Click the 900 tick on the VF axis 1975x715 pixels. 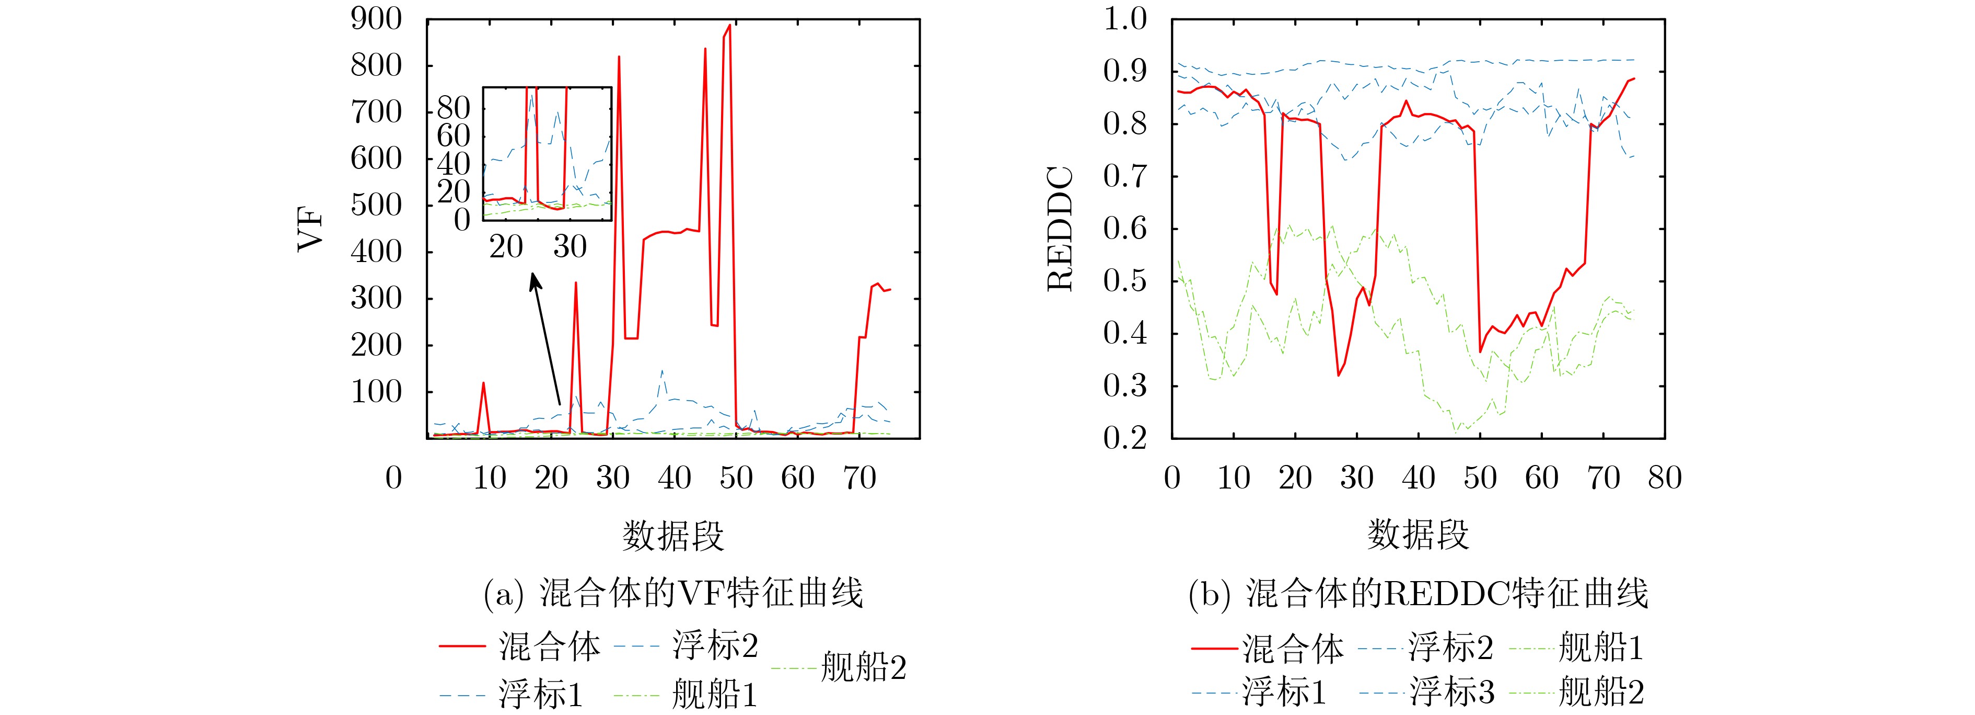(376, 19)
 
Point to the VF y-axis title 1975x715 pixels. (310, 230)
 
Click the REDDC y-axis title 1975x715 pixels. (1060, 230)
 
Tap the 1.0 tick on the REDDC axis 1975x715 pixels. (1125, 19)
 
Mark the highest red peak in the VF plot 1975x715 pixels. (729, 25)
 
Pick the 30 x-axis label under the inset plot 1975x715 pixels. (570, 246)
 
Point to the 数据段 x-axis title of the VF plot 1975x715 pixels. (673, 535)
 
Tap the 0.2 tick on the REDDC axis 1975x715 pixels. (1125, 438)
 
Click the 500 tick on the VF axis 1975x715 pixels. (376, 206)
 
